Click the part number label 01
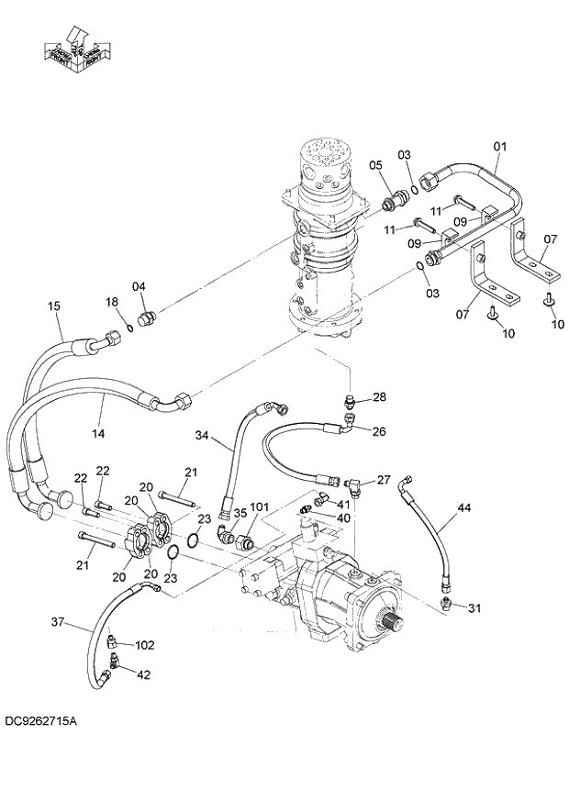pyautogui.click(x=500, y=146)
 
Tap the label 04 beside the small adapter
pyautogui.click(x=139, y=286)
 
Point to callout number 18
pyautogui.click(x=111, y=302)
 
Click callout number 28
pyautogui.click(x=380, y=396)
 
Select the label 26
pyautogui.click(x=379, y=432)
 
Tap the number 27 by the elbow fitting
pyautogui.click(x=384, y=479)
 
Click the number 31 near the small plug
pyautogui.click(x=474, y=607)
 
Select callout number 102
pyautogui.click(x=144, y=644)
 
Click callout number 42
pyautogui.click(x=143, y=674)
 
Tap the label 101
pyautogui.click(x=260, y=506)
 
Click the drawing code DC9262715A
pyautogui.click(x=40, y=722)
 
